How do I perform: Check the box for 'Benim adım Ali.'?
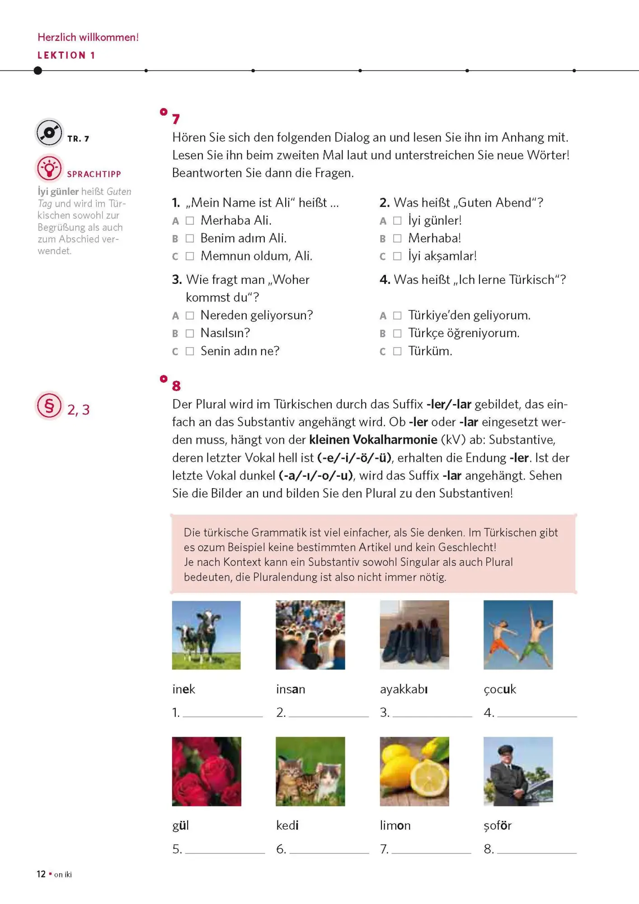(x=190, y=238)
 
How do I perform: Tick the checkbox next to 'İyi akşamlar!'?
(x=397, y=256)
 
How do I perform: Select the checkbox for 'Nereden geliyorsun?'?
(x=190, y=315)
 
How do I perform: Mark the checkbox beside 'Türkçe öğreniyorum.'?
(x=397, y=334)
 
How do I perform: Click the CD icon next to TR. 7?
(x=49, y=133)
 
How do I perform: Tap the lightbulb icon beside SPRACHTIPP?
(x=49, y=169)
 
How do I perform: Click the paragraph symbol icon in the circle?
(x=49, y=405)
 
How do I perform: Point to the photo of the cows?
(x=206, y=635)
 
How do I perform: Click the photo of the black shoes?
(x=414, y=635)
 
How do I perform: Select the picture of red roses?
(x=207, y=771)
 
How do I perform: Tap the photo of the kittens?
(x=310, y=771)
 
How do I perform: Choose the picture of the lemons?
(x=414, y=771)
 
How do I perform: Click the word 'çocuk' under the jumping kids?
(x=500, y=689)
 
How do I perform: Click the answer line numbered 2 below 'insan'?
(x=329, y=713)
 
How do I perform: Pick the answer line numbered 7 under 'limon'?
(x=431, y=850)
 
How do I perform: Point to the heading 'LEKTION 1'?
(x=66, y=55)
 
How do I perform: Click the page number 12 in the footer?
(x=41, y=874)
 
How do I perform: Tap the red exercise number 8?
(x=176, y=386)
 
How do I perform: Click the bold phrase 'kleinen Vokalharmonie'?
(x=373, y=440)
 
